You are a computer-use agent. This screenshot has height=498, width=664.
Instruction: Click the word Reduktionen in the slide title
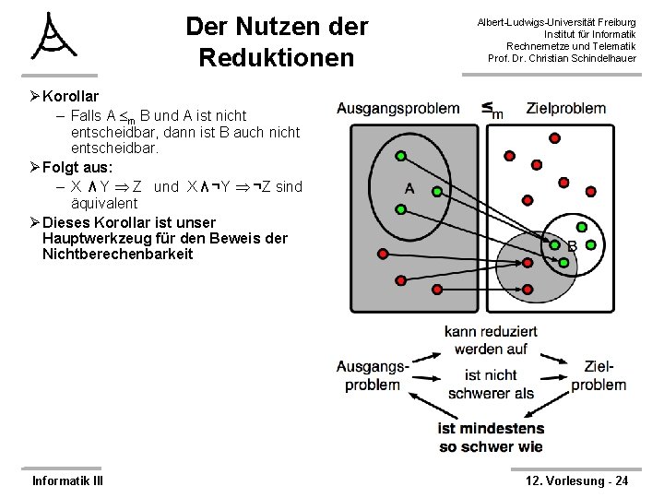(x=276, y=57)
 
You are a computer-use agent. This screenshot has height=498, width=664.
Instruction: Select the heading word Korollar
(x=71, y=96)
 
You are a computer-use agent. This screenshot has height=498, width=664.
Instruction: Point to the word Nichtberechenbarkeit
(x=117, y=254)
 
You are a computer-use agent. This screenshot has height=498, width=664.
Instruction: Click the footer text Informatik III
(x=67, y=480)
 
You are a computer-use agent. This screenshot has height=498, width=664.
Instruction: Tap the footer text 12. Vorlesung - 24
(x=576, y=480)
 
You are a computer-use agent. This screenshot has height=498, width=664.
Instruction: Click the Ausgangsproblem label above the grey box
(x=397, y=108)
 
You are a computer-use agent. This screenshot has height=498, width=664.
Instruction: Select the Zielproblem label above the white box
(x=566, y=108)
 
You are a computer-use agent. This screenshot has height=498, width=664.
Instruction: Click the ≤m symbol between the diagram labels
(x=492, y=110)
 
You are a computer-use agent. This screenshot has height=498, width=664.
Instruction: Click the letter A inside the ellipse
(x=409, y=189)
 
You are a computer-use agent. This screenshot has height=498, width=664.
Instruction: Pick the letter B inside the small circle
(x=572, y=246)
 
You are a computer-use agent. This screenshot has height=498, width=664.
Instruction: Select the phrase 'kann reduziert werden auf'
(x=490, y=339)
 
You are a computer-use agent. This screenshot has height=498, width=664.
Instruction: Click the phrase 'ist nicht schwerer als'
(x=490, y=384)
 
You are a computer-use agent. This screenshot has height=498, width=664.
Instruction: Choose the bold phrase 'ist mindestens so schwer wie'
(x=490, y=437)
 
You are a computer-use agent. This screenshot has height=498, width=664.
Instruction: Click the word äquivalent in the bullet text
(x=104, y=202)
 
